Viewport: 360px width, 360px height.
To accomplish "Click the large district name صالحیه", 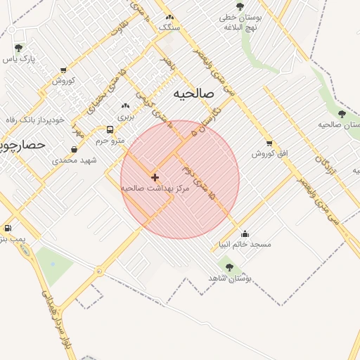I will [192, 94].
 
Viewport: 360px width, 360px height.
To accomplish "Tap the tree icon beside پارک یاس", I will [18, 48].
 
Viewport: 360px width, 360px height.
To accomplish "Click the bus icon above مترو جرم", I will [110, 130].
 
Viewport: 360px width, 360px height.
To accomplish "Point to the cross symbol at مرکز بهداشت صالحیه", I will [155, 178].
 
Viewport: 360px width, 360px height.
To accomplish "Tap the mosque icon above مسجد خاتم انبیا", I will [245, 233].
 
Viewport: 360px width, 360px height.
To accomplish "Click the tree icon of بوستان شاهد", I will [229, 267].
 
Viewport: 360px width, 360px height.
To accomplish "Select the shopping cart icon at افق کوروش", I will [269, 143].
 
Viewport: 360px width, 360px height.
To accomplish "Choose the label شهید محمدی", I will [75, 160].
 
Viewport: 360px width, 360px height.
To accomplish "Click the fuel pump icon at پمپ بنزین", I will [8, 228].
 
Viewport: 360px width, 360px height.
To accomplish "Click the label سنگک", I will [169, 27].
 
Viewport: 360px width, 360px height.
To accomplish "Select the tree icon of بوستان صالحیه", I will [342, 114].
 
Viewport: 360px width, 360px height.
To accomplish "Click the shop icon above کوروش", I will [63, 70].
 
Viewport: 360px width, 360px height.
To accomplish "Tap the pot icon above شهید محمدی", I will [75, 149].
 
